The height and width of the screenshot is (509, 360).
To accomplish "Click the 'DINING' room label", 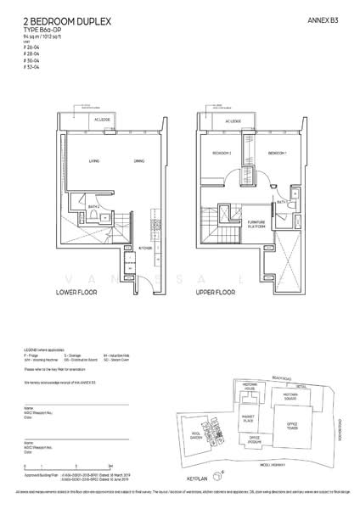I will [x=138, y=159].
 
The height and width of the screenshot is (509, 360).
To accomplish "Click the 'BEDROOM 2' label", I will [x=222, y=154].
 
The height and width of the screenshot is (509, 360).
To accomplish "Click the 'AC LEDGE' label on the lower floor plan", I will [x=101, y=120].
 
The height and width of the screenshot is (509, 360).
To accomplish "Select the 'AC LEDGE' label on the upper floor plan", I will [x=233, y=120].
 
